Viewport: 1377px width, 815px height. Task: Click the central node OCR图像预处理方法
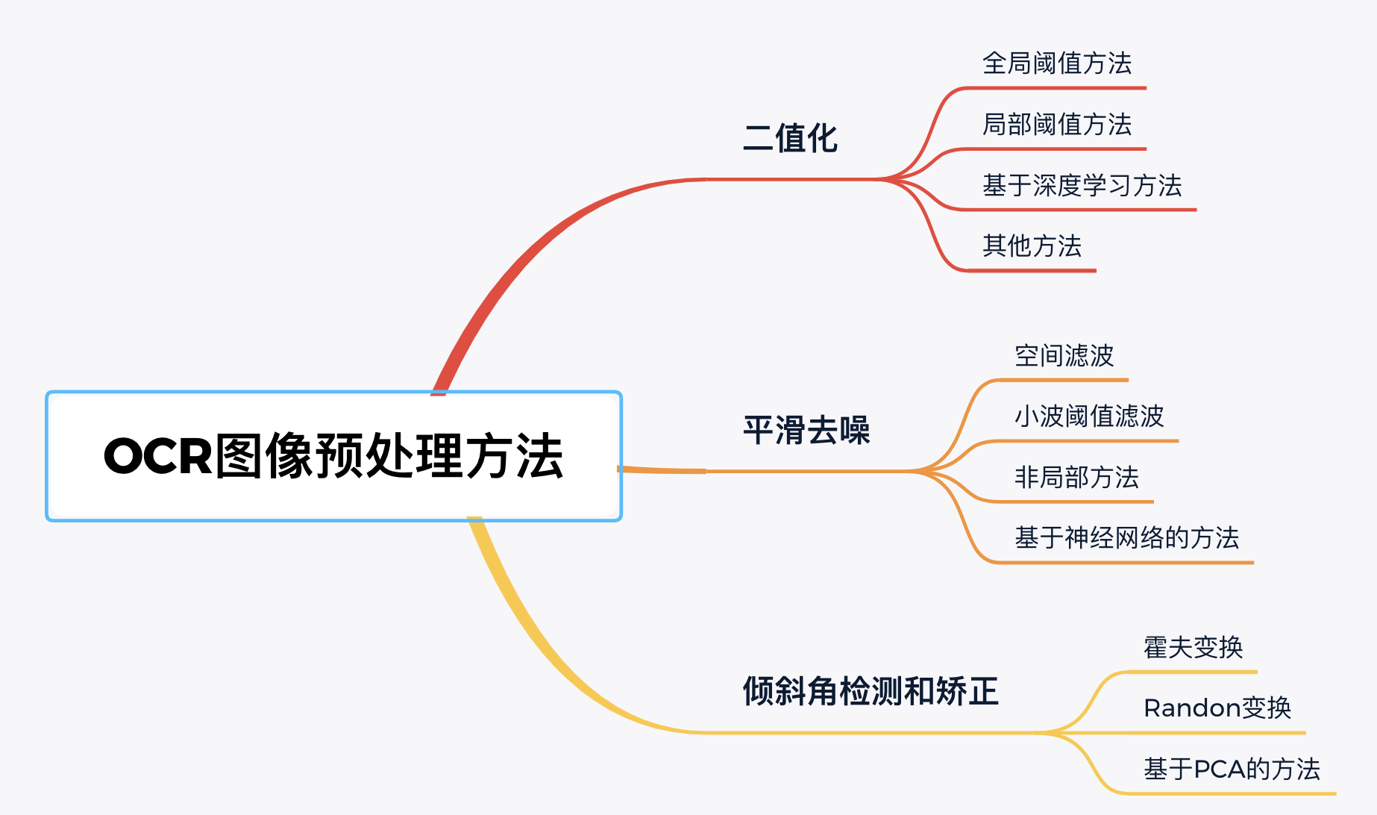pyautogui.click(x=333, y=456)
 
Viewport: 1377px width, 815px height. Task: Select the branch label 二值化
pyautogui.click(x=790, y=139)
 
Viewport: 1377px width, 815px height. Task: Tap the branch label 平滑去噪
pyautogui.click(x=806, y=431)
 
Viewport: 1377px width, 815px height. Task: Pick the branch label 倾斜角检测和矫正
pyautogui.click(x=870, y=691)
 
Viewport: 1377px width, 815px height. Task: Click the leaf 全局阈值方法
pyautogui.click(x=1056, y=63)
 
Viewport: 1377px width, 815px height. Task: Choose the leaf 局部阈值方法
pyautogui.click(x=1056, y=125)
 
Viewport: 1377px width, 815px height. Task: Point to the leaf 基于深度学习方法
pyautogui.click(x=1082, y=186)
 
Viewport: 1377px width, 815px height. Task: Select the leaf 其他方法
pyautogui.click(x=1032, y=246)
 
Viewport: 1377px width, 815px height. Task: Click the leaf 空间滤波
pyautogui.click(x=1064, y=356)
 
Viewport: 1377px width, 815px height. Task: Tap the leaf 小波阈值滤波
pyautogui.click(x=1089, y=416)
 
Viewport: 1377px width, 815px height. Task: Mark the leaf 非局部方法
pyautogui.click(x=1076, y=478)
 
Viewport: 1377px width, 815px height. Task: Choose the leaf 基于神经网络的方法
pyautogui.click(x=1126, y=538)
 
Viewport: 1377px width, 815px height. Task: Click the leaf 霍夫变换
pyautogui.click(x=1193, y=648)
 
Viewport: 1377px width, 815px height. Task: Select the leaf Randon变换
pyautogui.click(x=1217, y=708)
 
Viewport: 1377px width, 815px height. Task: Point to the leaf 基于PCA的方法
pyautogui.click(x=1232, y=769)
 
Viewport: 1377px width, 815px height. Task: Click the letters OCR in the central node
pyautogui.click(x=158, y=456)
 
